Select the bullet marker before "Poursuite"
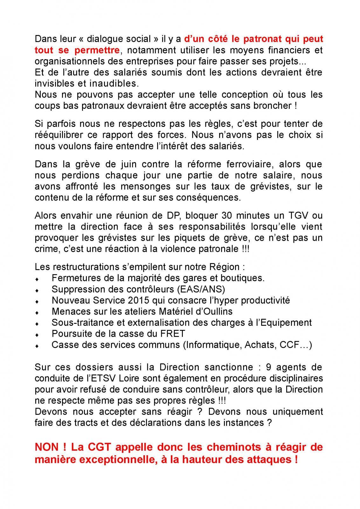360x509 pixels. [x=37, y=335]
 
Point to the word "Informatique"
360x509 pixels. [x=211, y=345]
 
